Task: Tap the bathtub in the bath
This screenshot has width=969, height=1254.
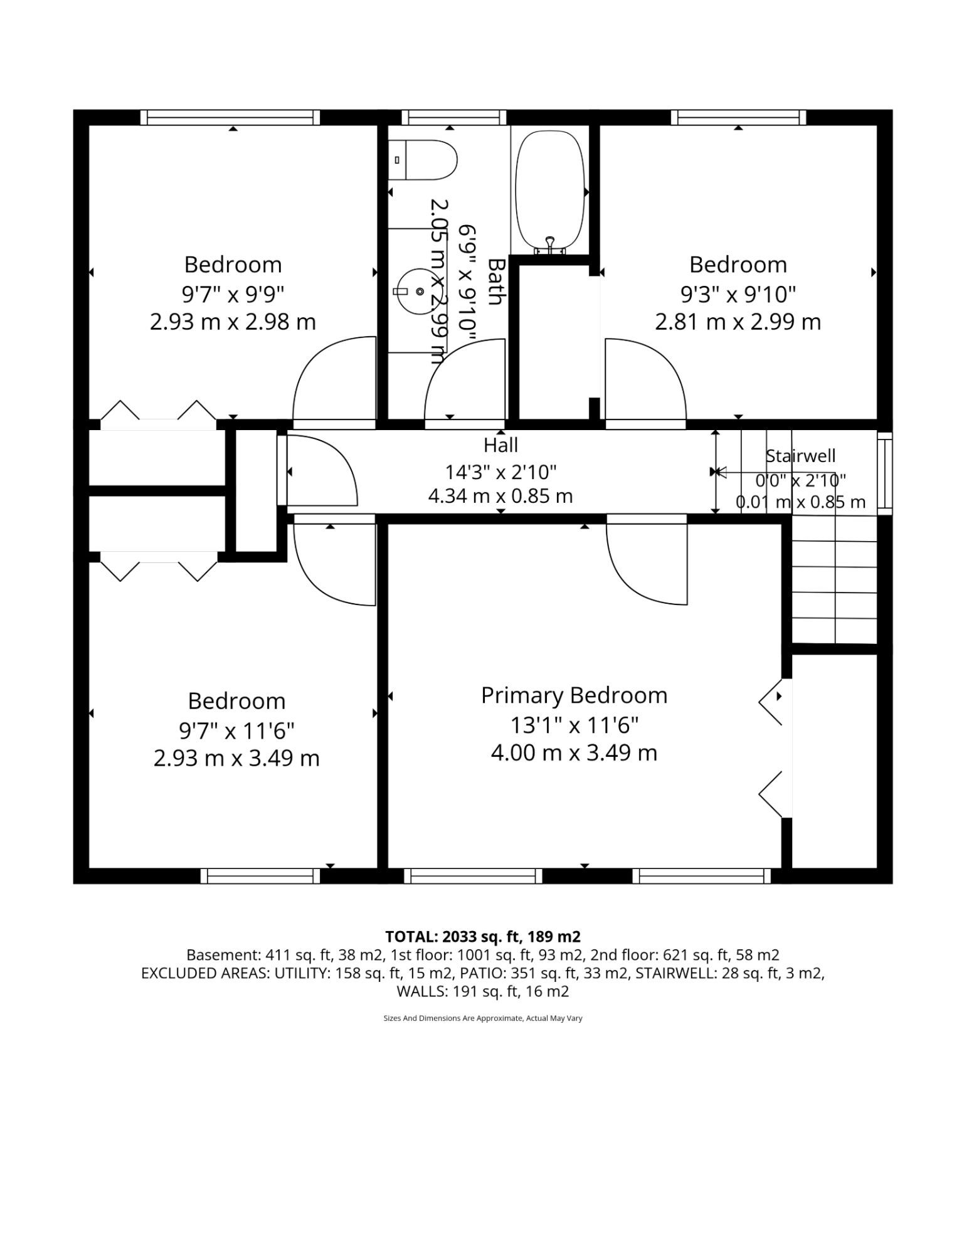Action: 550,191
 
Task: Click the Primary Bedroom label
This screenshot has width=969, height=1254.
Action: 574,695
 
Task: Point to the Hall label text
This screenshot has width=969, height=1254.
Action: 500,445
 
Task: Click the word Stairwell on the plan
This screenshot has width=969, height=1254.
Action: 800,456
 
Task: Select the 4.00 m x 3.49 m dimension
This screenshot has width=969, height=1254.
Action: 574,752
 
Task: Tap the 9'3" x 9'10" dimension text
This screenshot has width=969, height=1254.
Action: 738,293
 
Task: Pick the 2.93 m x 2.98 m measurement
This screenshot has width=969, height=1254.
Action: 233,322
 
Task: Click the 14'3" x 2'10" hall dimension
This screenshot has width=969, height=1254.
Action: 500,471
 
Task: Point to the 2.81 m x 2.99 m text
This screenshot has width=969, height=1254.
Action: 738,322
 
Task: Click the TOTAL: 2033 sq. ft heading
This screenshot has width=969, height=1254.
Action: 483,937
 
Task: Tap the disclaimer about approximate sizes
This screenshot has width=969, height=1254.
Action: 483,1018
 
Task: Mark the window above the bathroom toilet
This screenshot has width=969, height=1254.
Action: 453,117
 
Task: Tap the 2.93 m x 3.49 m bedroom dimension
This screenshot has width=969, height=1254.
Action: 236,758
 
